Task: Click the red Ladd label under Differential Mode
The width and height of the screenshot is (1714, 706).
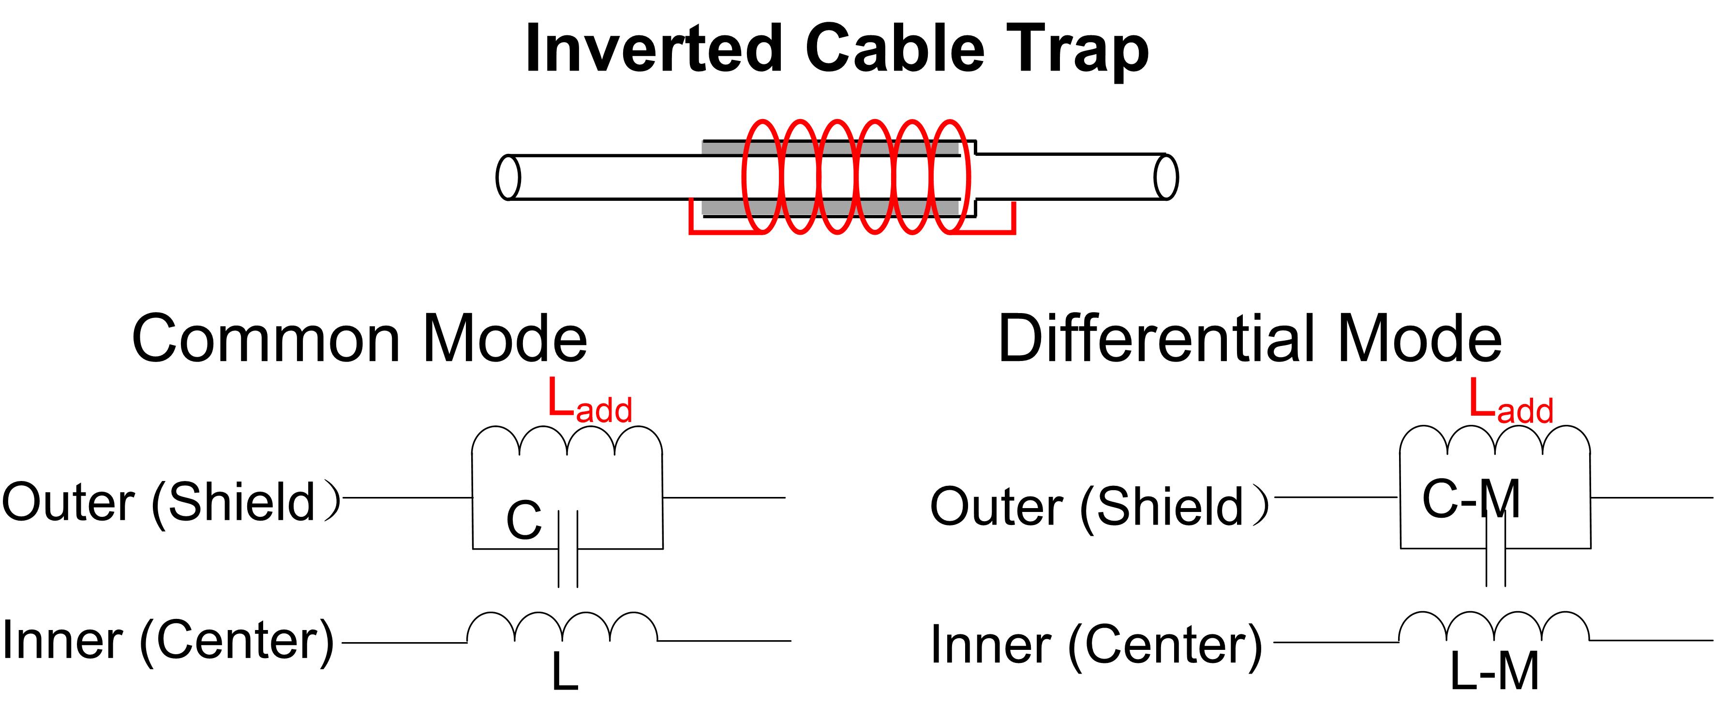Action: (x=1510, y=402)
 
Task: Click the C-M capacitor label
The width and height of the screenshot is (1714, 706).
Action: (x=1471, y=499)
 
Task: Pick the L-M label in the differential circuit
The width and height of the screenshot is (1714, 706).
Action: (x=1494, y=672)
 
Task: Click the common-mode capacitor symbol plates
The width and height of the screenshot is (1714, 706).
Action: (x=567, y=549)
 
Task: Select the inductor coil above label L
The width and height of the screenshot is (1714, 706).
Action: (x=562, y=627)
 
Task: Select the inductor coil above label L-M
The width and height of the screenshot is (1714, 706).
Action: (x=1494, y=627)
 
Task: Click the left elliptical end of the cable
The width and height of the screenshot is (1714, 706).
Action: (x=508, y=178)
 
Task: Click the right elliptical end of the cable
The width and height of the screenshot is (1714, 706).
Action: (x=1166, y=177)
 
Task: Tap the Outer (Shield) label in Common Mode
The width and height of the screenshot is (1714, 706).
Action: (x=170, y=502)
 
